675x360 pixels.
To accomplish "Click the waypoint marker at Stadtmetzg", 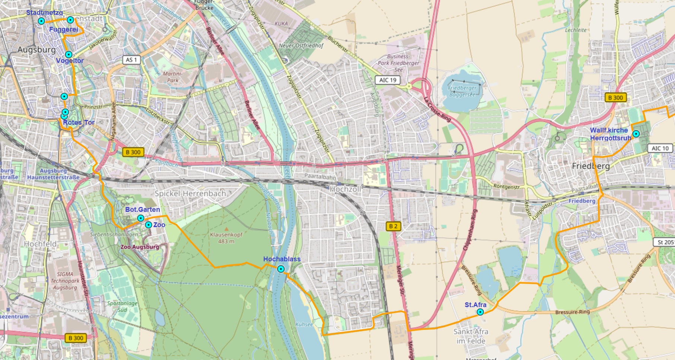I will click(x=41, y=21).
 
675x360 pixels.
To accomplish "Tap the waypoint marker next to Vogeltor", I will click(x=69, y=55).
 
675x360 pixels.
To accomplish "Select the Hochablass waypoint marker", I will click(x=281, y=269).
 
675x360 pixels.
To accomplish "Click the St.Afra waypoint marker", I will click(x=480, y=312).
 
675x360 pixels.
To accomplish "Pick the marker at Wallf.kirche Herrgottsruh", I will click(x=636, y=134).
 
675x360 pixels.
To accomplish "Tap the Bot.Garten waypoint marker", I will click(x=140, y=218).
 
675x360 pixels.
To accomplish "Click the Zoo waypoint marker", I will click(x=148, y=225).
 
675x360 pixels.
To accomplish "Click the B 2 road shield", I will click(x=393, y=226).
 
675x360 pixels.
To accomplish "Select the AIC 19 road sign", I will click(x=388, y=80).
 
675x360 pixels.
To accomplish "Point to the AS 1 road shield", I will click(x=131, y=60).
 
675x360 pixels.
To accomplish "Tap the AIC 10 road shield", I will click(x=660, y=148).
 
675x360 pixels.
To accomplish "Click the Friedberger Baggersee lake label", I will click(x=462, y=91).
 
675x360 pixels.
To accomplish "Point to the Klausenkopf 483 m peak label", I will click(x=226, y=238).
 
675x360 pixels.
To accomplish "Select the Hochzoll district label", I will click(x=346, y=189).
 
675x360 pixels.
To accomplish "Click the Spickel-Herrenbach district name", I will click(x=190, y=194).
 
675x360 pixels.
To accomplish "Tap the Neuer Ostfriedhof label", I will click(x=301, y=45).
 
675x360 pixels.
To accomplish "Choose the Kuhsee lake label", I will click(x=304, y=324).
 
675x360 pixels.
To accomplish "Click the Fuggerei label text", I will click(x=63, y=29).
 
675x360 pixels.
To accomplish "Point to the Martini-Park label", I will click(x=172, y=77).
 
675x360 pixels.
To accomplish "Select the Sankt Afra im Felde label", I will click(x=471, y=336).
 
